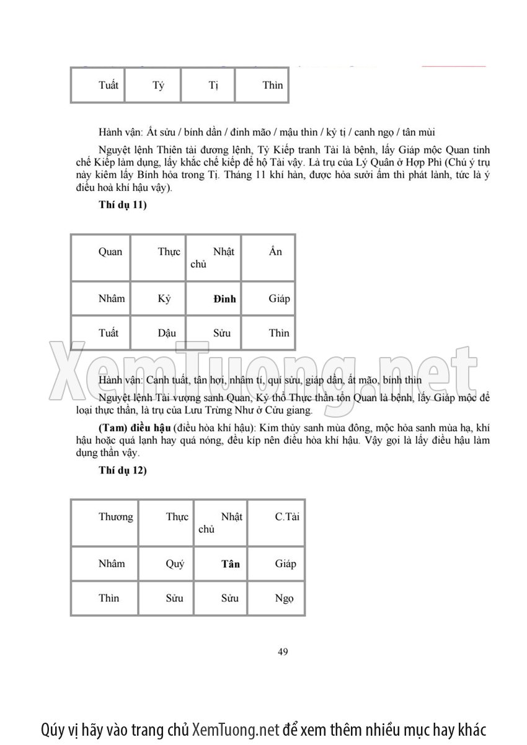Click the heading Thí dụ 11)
(x=123, y=206)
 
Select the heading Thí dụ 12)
(x=123, y=470)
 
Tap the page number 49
(x=283, y=651)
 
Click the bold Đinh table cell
(x=224, y=299)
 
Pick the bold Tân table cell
(x=230, y=564)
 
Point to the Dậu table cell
(x=167, y=333)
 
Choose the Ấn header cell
(x=276, y=251)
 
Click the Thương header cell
(x=115, y=517)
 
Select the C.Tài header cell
(x=286, y=517)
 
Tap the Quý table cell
(x=175, y=564)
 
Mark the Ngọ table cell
(x=284, y=599)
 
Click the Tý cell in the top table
(x=158, y=86)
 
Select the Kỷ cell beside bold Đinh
(x=164, y=299)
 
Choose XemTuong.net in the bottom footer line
(x=236, y=728)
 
